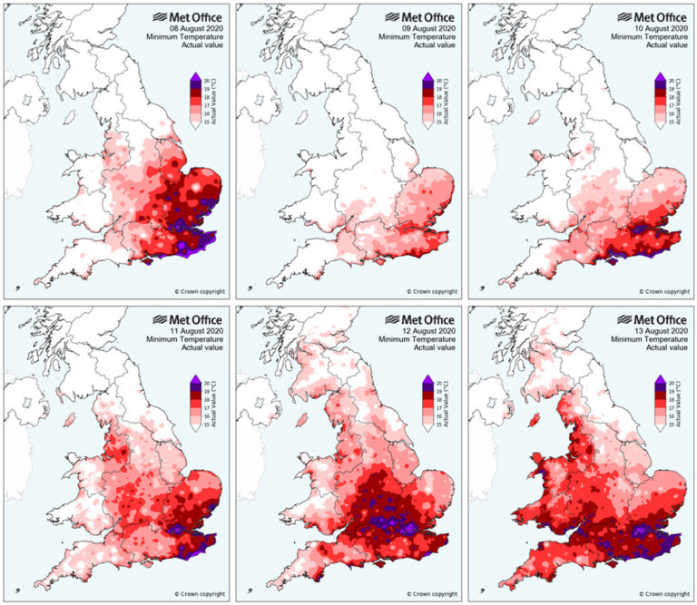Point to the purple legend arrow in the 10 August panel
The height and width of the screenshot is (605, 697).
(x=660, y=76)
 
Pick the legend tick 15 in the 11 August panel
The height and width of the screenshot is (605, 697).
(x=209, y=424)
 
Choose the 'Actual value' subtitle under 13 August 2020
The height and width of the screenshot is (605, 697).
(x=663, y=350)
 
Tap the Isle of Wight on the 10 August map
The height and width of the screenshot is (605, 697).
(x=613, y=262)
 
